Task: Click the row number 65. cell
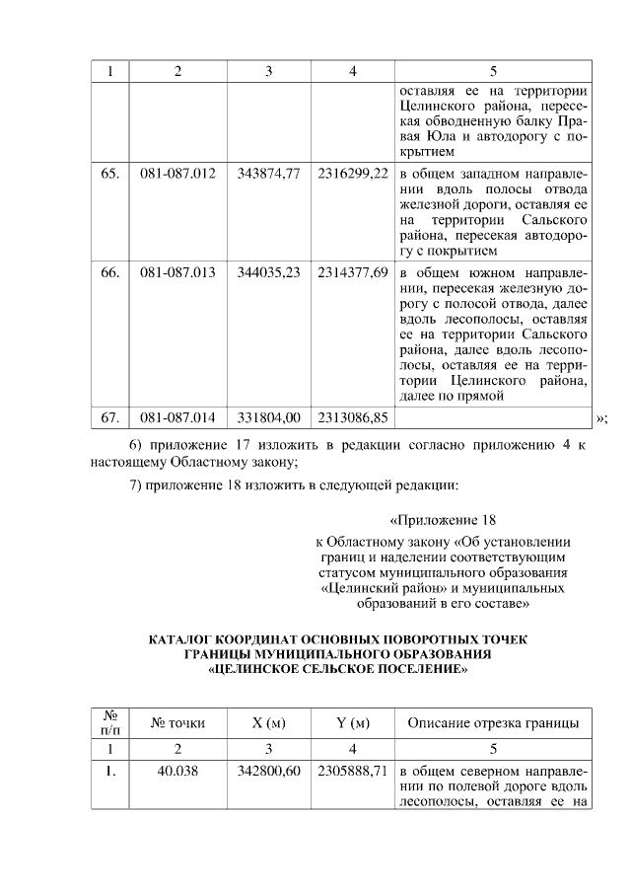110,173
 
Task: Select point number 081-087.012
177,173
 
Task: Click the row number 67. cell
110,417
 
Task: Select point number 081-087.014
177,417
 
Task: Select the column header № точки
177,723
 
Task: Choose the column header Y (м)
352,723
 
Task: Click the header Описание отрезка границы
493,723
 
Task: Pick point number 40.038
177,770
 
